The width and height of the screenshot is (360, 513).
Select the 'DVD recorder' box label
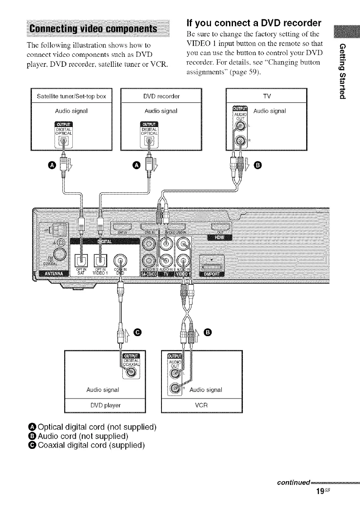[x=162, y=96]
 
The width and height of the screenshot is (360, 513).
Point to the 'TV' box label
[x=266, y=96]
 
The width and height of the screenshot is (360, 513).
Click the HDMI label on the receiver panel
[x=220, y=238]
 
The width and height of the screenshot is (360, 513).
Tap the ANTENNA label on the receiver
[x=53, y=274]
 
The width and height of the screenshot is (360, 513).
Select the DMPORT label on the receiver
[x=217, y=274]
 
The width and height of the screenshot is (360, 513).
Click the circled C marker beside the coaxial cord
[x=137, y=331]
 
